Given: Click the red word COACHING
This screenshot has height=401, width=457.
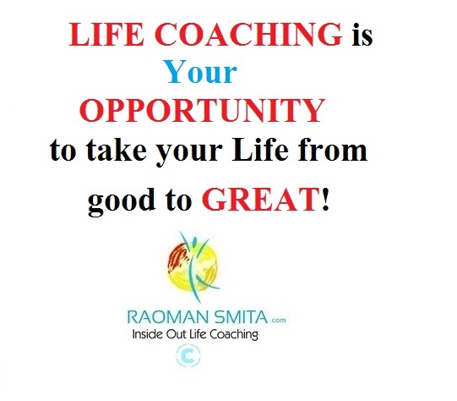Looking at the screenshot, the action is (x=248, y=34).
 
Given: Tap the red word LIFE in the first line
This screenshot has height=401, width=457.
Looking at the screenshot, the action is (x=106, y=34).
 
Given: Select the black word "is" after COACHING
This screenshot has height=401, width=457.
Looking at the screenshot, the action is (x=362, y=34).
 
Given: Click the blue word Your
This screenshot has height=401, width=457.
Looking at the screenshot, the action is (x=201, y=72).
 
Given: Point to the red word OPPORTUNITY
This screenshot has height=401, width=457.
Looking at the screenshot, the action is (x=202, y=110).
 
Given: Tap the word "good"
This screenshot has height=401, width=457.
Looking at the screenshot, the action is (x=122, y=200).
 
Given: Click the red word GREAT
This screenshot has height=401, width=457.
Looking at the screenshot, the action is (x=260, y=200).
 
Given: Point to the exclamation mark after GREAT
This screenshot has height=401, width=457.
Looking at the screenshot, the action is (x=325, y=200).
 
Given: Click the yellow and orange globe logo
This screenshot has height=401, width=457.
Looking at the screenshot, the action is (x=193, y=266).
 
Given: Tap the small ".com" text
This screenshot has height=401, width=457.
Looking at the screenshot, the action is (x=278, y=320).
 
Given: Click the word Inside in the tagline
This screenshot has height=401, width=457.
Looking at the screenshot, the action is (x=148, y=334).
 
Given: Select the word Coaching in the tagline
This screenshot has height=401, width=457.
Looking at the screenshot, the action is (x=234, y=335).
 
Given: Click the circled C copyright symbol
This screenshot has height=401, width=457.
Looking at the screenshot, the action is (x=188, y=356).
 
